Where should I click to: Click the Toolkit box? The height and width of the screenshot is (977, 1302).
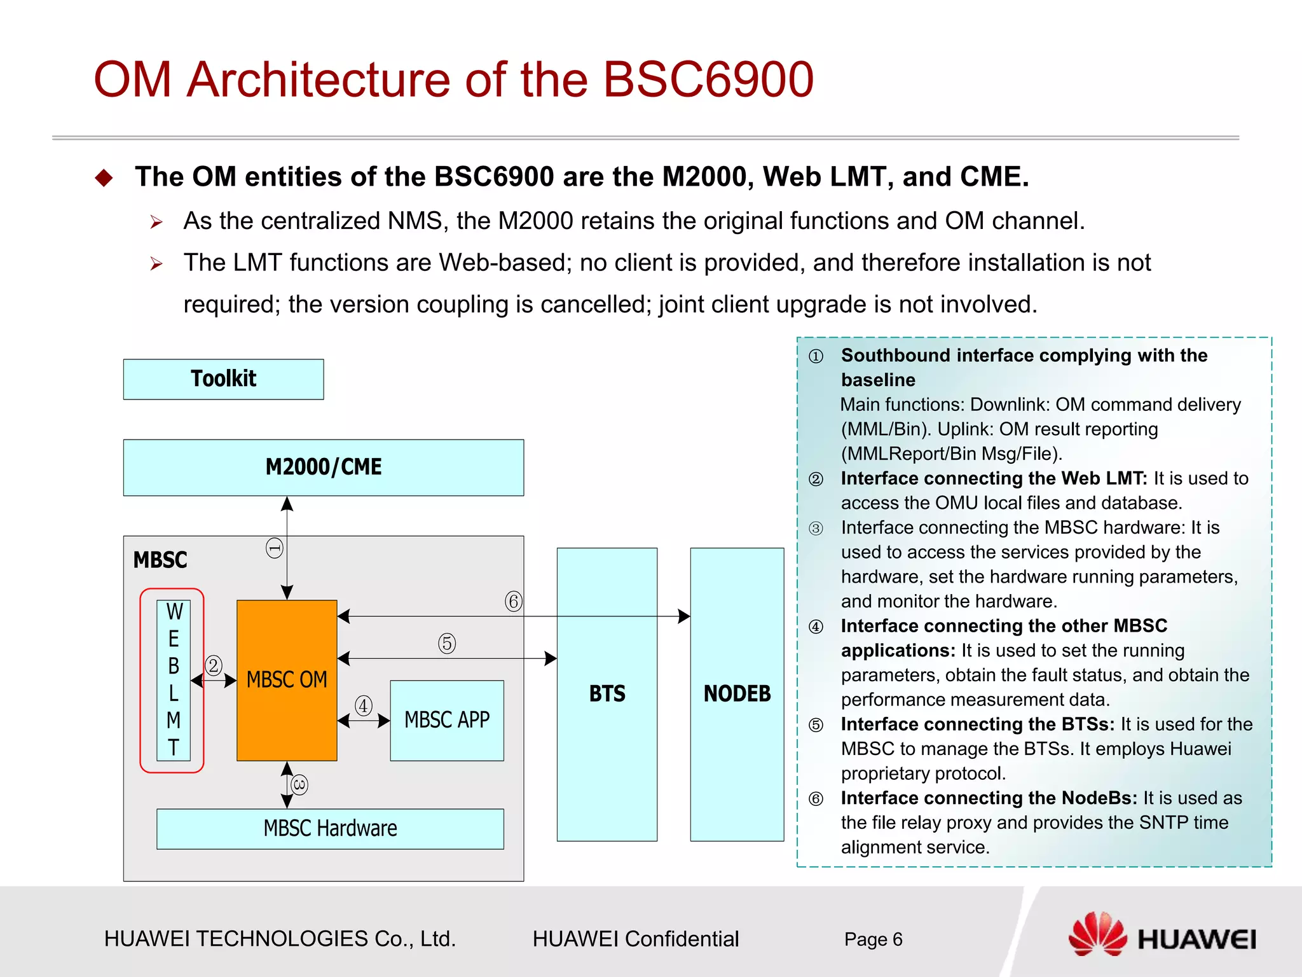[223, 379]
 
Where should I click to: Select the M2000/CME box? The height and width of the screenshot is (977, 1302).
[323, 467]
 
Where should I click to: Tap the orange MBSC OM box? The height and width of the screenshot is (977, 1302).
[287, 680]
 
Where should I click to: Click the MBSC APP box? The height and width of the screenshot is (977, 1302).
[447, 720]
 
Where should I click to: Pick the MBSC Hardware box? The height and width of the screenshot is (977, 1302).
[330, 828]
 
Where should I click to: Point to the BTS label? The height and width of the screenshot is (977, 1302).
[607, 693]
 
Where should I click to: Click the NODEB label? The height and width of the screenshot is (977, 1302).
[737, 693]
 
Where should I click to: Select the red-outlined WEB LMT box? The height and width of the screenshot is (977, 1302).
[173, 680]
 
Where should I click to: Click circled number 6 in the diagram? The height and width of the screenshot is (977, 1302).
[513, 601]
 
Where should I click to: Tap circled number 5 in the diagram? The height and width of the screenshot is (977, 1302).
[447, 643]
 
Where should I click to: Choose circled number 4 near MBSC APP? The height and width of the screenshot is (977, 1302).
[363, 705]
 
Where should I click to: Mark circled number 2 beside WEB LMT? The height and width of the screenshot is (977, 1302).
[213, 665]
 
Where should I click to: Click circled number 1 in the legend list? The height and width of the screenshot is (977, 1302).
[816, 356]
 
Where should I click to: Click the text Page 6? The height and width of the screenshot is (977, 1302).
[873, 939]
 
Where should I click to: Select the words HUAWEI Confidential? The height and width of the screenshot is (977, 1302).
[635, 939]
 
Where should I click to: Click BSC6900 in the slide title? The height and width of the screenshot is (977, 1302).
[708, 80]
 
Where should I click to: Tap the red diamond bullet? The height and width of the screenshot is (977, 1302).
[104, 177]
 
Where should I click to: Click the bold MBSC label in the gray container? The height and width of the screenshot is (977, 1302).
[160, 560]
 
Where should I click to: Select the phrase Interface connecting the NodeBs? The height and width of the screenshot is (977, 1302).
[989, 798]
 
